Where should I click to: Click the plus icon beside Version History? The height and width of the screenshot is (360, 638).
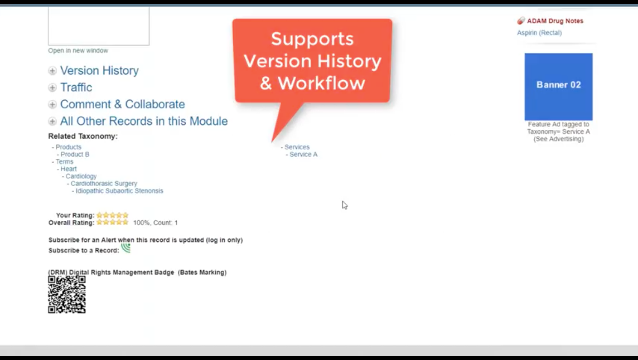[x=53, y=71]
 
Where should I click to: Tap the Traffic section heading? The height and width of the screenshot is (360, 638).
[x=76, y=87]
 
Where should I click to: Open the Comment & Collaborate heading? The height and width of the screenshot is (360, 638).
[x=122, y=104]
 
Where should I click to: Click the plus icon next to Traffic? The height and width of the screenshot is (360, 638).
[x=53, y=87]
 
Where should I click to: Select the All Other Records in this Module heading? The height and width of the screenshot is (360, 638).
[x=144, y=121]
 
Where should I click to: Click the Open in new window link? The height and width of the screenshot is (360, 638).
[x=78, y=51]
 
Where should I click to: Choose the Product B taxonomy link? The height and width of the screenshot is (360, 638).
[x=75, y=154]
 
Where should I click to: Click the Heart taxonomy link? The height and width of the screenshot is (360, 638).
[x=68, y=169]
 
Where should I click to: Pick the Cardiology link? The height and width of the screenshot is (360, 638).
[x=81, y=176]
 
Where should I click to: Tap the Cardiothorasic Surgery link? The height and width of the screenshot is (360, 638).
[x=104, y=184]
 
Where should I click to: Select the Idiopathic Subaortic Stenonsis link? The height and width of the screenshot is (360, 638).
[x=119, y=191]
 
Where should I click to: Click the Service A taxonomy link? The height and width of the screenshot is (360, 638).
[x=304, y=154]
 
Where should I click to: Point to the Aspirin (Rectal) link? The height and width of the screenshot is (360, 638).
[x=539, y=33]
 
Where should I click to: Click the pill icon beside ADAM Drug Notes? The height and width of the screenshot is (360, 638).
[x=521, y=21]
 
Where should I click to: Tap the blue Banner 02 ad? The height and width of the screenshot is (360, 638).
[x=559, y=87]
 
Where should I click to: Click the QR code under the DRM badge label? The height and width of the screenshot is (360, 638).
[x=67, y=294]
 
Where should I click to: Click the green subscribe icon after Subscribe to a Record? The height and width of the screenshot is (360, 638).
[x=126, y=248]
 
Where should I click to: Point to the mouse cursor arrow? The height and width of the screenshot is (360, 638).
[x=345, y=205]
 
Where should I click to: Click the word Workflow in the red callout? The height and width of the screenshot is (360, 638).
[x=321, y=83]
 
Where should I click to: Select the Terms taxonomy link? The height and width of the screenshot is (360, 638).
[x=64, y=162]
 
